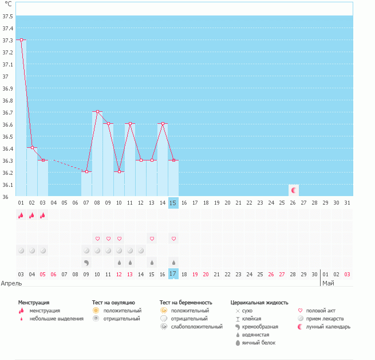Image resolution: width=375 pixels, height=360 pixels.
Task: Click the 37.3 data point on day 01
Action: point(21,40)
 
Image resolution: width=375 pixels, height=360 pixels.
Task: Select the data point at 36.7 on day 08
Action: point(97,112)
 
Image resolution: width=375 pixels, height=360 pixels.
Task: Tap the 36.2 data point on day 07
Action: point(86,171)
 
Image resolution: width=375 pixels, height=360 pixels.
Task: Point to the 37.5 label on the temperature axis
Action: point(8,16)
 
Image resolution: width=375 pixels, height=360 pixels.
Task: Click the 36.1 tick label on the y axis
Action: point(8,185)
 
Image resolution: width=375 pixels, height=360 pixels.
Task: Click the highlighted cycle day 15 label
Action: point(173,203)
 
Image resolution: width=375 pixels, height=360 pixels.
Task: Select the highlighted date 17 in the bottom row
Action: point(173,275)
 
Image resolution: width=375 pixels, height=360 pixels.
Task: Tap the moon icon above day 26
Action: point(294,190)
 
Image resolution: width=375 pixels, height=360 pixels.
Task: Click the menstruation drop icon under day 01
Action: point(21,216)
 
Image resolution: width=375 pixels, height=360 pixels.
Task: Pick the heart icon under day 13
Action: point(152,238)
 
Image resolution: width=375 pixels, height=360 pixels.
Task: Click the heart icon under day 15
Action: point(173,238)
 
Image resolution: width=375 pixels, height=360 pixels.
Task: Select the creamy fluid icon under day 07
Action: point(86,263)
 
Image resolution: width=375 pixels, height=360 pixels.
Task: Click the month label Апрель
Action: point(11,283)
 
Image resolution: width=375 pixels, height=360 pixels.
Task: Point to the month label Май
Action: point(328,283)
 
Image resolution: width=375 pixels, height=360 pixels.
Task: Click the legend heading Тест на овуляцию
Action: point(113,302)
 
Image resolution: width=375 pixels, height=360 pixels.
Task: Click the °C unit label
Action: point(8,4)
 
